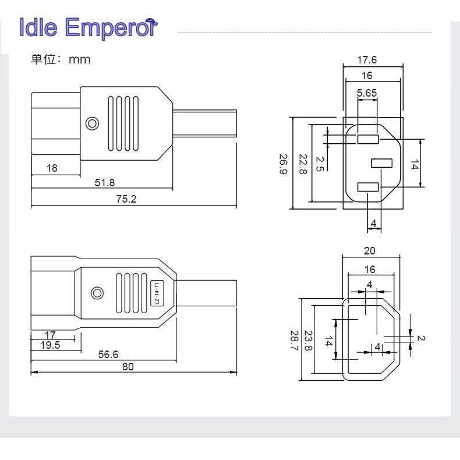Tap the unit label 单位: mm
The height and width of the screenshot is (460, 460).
pyautogui.click(x=61, y=59)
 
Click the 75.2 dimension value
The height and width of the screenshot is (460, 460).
pyautogui.click(x=125, y=199)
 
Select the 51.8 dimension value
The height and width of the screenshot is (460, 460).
pyautogui.click(x=105, y=183)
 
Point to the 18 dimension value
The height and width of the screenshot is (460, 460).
pyautogui.click(x=52, y=168)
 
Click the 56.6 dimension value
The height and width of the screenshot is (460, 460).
pyautogui.click(x=108, y=354)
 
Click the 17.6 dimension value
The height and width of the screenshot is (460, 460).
pyautogui.click(x=367, y=59)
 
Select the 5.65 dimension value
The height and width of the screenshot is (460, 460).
pyautogui.click(x=367, y=92)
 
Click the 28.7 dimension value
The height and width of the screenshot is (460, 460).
pyautogui.click(x=294, y=339)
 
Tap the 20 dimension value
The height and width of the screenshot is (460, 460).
pyautogui.click(x=370, y=250)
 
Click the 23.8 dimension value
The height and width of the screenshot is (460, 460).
pyautogui.click(x=308, y=339)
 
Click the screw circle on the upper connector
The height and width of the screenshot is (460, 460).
pyautogui.click(x=91, y=123)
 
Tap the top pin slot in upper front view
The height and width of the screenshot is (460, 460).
pyautogui.click(x=368, y=139)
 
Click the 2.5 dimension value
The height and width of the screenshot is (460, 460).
pyautogui.click(x=320, y=164)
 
